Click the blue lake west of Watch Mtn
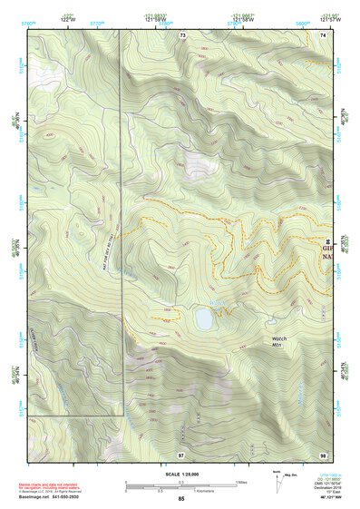(203, 319)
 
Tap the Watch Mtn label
(279, 343)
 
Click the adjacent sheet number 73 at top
(182, 34)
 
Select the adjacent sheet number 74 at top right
(322, 34)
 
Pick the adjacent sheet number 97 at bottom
(181, 453)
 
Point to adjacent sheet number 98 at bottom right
(322, 453)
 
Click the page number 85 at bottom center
(181, 499)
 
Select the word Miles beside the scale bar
(241, 482)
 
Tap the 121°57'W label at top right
(321, 18)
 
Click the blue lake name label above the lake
(217, 302)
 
